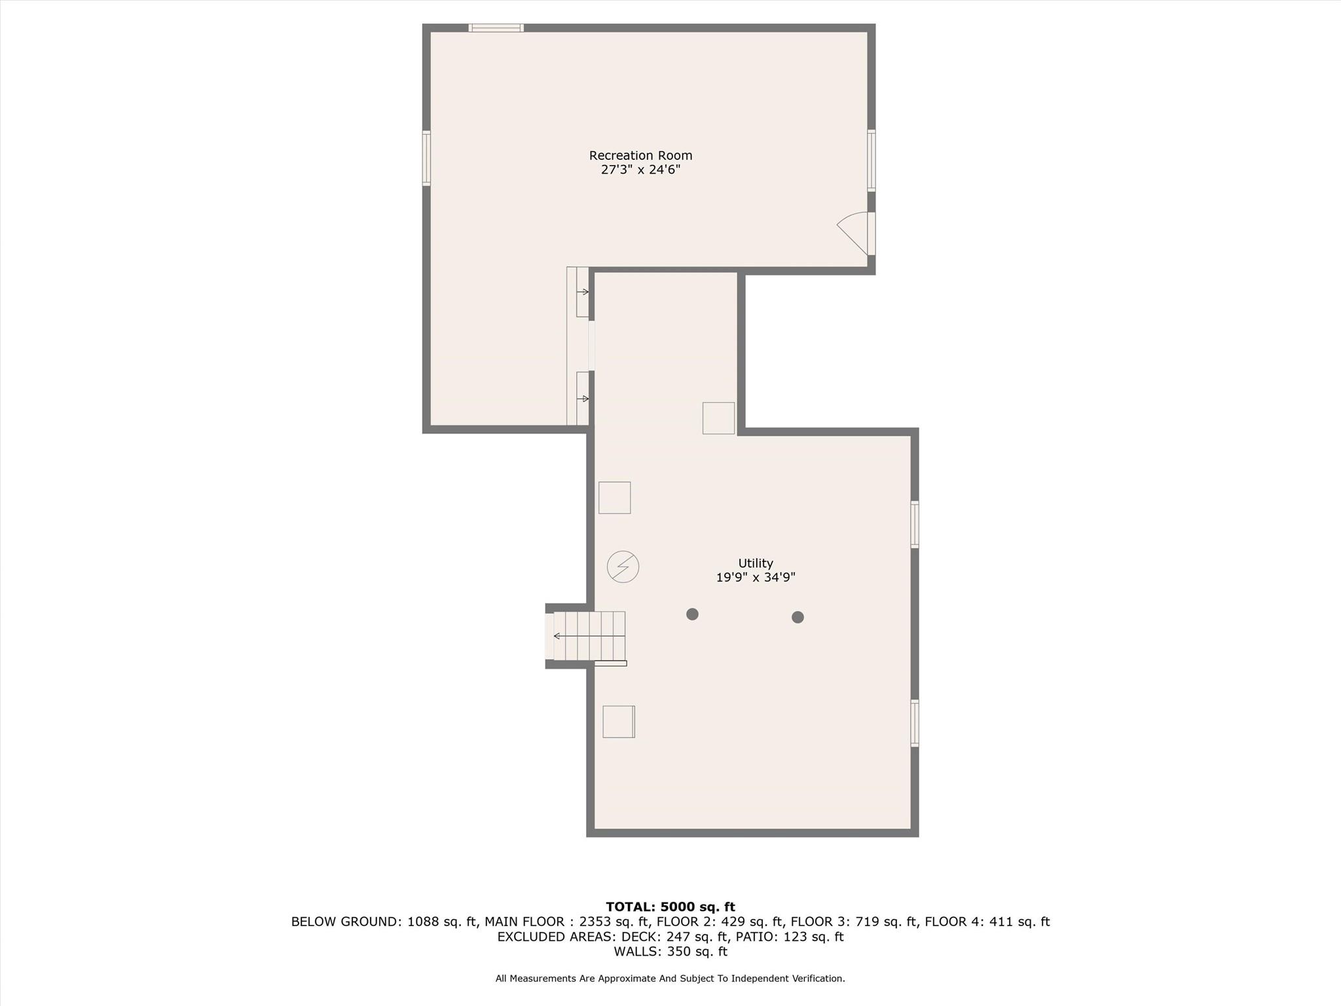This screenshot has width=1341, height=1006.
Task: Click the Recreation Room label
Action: point(640,155)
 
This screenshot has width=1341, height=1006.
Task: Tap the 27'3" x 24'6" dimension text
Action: point(640,170)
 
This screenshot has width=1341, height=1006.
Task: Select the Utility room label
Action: point(756,563)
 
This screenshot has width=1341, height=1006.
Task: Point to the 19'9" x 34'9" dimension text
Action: point(756,578)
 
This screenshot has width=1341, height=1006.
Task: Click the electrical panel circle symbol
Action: point(623,567)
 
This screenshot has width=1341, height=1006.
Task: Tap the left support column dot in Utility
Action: point(692,614)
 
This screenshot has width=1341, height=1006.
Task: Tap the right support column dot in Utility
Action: point(798,617)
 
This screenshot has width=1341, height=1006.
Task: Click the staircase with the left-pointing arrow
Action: point(589,636)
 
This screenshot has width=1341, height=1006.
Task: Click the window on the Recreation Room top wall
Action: point(496,28)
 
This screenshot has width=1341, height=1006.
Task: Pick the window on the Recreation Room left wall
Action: point(426,158)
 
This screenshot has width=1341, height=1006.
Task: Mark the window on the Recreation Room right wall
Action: point(872,160)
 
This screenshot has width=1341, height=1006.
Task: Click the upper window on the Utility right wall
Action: point(915,524)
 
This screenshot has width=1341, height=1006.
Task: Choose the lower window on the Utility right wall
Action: point(915,723)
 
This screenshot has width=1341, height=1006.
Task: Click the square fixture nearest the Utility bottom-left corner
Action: point(618,722)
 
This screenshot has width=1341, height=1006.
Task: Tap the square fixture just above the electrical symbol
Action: point(614,498)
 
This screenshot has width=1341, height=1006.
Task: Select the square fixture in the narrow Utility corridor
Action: point(718,418)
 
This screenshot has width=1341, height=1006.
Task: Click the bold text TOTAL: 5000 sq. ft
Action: point(670,907)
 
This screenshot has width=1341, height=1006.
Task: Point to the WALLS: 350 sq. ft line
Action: point(670,952)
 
